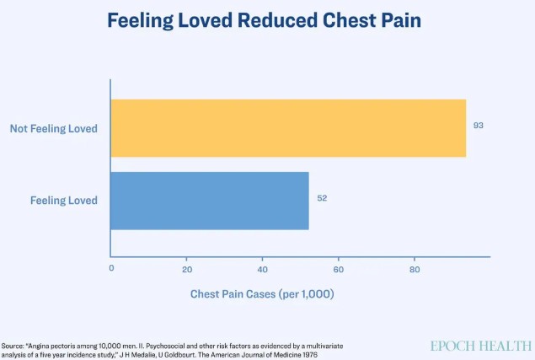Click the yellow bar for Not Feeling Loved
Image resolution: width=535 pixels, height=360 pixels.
point(288,128)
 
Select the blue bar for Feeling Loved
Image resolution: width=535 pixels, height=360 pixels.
point(210,201)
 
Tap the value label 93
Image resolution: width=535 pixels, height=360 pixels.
point(479,126)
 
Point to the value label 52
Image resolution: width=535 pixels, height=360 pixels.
point(322,198)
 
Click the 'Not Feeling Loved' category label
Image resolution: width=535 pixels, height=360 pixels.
point(54,129)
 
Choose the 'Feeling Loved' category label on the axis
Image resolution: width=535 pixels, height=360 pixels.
point(64,201)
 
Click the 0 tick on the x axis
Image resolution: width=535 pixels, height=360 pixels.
point(111,268)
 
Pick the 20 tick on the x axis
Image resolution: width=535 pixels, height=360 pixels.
point(187,268)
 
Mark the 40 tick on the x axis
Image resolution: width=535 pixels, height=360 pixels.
point(262,268)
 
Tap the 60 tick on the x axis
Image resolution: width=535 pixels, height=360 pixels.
point(338,268)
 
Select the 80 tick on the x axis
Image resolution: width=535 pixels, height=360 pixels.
point(414,268)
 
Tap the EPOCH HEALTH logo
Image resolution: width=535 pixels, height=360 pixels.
point(481,346)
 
